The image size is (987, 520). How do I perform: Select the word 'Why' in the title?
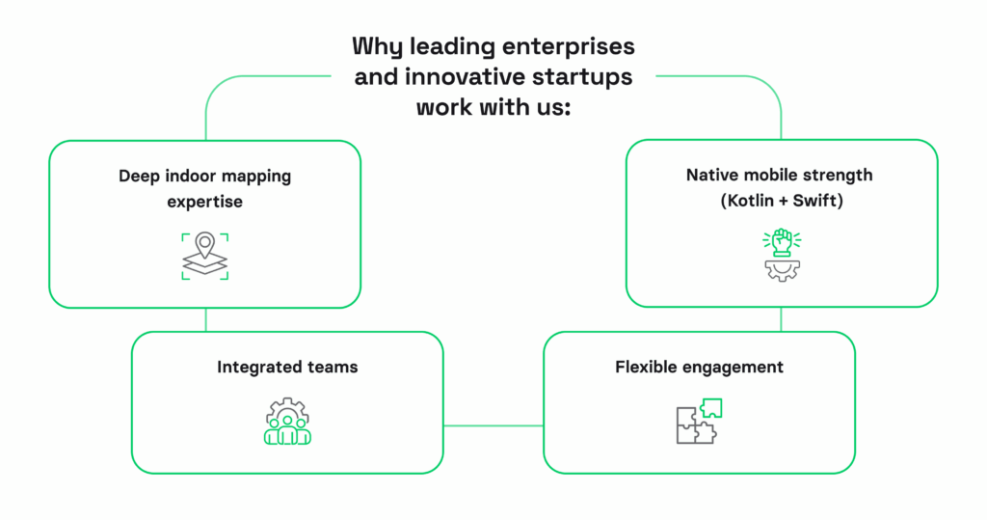372,46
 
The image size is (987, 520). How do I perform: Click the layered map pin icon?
204,255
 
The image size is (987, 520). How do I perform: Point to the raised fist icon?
782,241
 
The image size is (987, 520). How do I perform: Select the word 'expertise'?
204,203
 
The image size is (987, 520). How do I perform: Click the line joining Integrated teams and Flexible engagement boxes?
493,424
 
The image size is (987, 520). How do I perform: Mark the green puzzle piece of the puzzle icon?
709,407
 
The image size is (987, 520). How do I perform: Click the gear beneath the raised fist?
782,269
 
